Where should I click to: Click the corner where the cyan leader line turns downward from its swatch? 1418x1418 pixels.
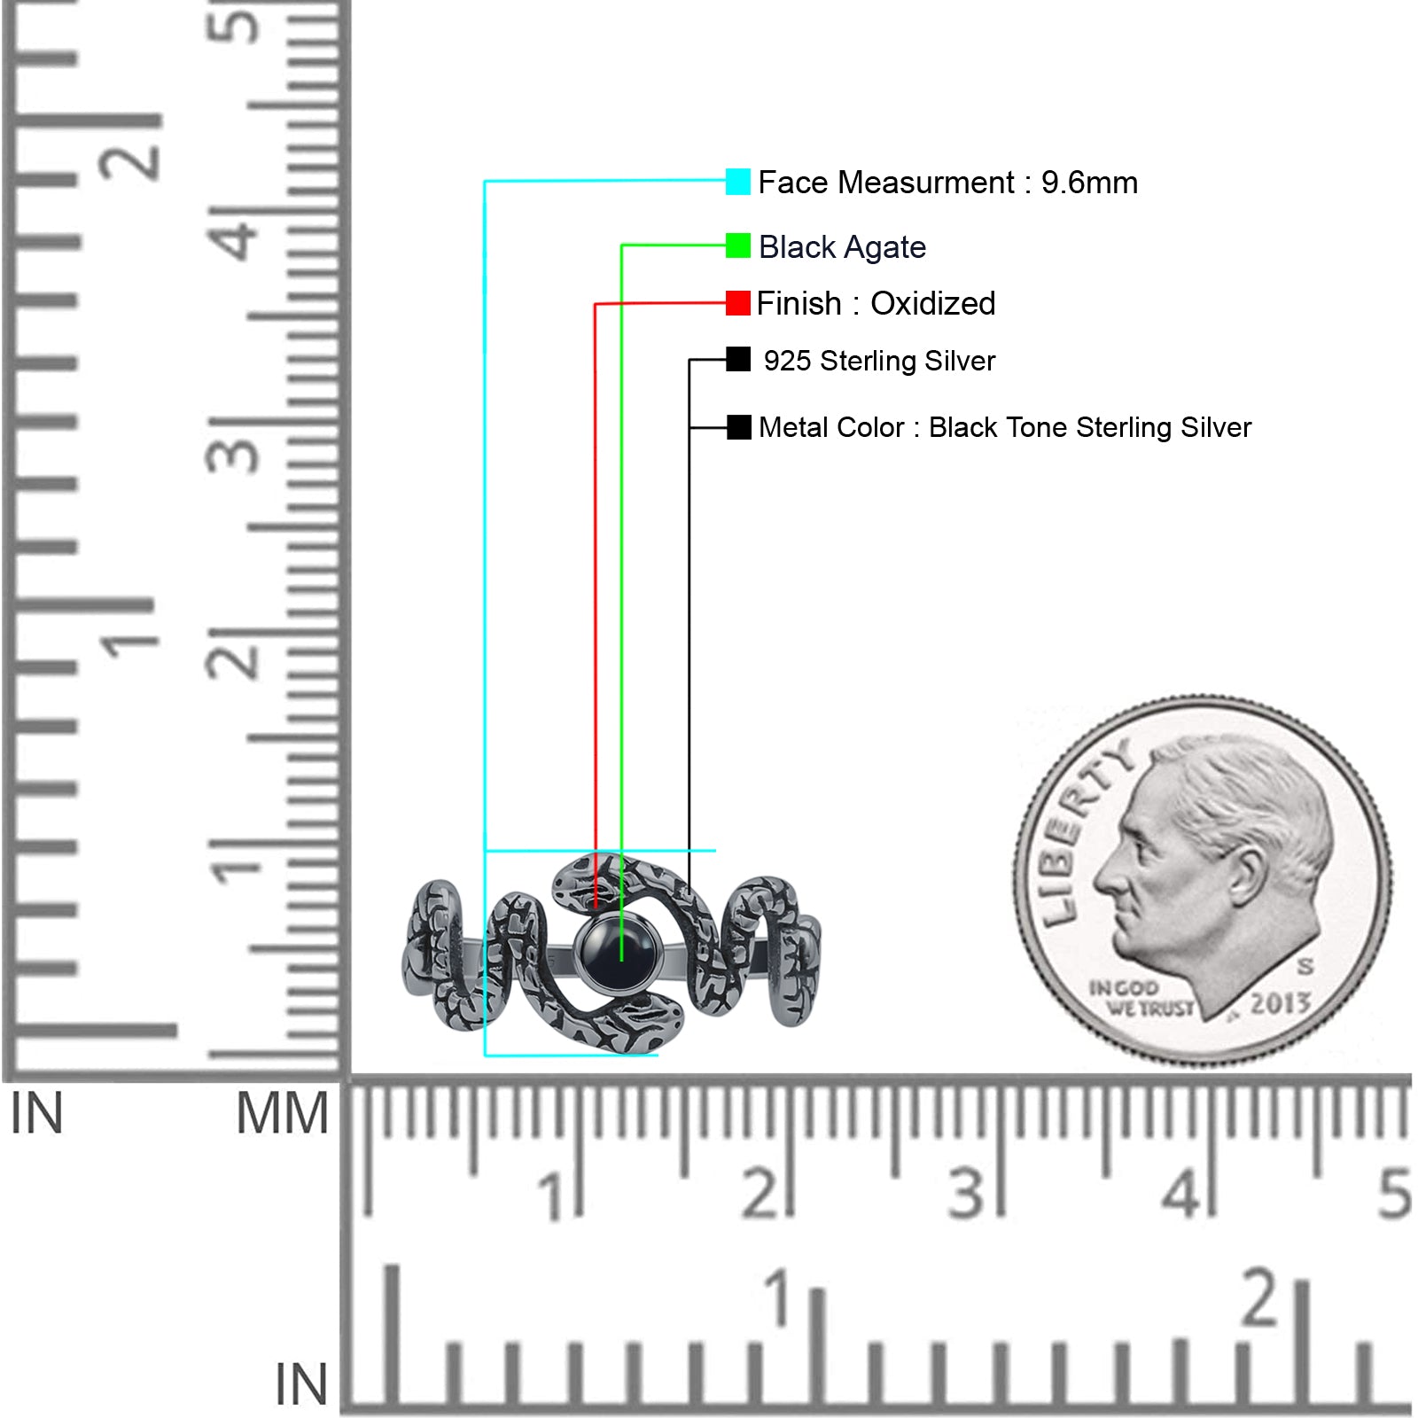click(485, 182)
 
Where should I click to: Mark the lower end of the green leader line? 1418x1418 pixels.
click(621, 961)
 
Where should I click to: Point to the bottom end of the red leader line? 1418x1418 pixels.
click(596, 908)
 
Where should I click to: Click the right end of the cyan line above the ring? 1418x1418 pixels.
click(715, 851)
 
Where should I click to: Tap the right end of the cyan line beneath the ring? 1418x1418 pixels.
click(658, 1055)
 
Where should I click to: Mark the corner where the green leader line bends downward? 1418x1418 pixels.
click(621, 245)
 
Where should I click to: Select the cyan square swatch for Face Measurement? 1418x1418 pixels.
click(737, 182)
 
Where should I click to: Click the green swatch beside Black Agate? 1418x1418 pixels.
click(737, 245)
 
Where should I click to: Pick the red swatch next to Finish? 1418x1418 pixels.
click(737, 303)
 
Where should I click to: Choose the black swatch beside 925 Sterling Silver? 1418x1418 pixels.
click(738, 359)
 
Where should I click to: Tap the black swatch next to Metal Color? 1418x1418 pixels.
click(739, 427)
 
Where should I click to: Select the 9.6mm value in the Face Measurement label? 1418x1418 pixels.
click(1089, 183)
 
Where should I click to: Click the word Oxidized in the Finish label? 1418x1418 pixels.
click(933, 303)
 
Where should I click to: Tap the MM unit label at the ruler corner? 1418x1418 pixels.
click(282, 1113)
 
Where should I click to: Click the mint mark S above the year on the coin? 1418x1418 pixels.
click(1305, 965)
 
